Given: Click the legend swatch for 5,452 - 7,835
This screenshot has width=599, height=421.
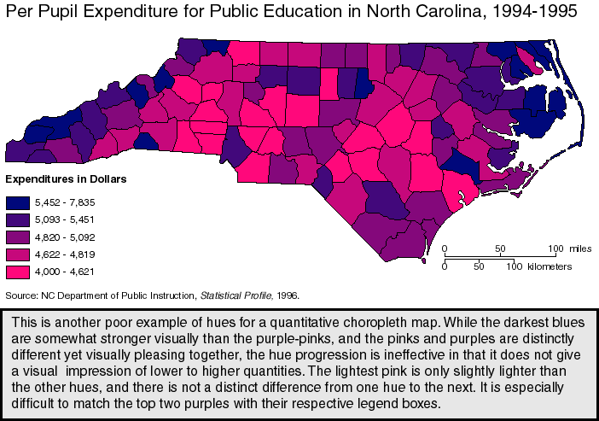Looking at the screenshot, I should pyautogui.click(x=17, y=202).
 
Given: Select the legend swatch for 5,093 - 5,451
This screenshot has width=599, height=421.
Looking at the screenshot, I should pyautogui.click(x=17, y=219).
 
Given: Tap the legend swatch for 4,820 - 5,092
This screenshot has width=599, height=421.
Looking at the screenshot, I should pyautogui.click(x=17, y=237).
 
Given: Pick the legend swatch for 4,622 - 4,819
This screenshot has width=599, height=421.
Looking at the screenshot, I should pyautogui.click(x=17, y=254).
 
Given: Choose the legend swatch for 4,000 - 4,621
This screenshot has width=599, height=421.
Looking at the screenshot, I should pyautogui.click(x=17, y=272).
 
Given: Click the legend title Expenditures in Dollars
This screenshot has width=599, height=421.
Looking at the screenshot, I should pyautogui.click(x=66, y=180).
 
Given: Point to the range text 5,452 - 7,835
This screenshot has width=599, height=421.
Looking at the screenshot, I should pyautogui.click(x=65, y=202).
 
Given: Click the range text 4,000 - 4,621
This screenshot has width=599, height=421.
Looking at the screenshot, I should pyautogui.click(x=65, y=272).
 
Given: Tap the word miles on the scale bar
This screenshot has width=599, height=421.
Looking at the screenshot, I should pyautogui.click(x=580, y=249).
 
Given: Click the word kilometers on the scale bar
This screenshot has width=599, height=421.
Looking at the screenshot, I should pyautogui.click(x=549, y=266).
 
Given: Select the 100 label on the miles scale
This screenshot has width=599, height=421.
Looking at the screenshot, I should pyautogui.click(x=556, y=249).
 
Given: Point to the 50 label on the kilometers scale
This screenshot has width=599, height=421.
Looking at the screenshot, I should pyautogui.click(x=479, y=266).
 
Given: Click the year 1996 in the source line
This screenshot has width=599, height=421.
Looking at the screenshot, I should pyautogui.click(x=287, y=295).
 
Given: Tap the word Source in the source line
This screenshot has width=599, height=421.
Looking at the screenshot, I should pyautogui.click(x=21, y=295).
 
